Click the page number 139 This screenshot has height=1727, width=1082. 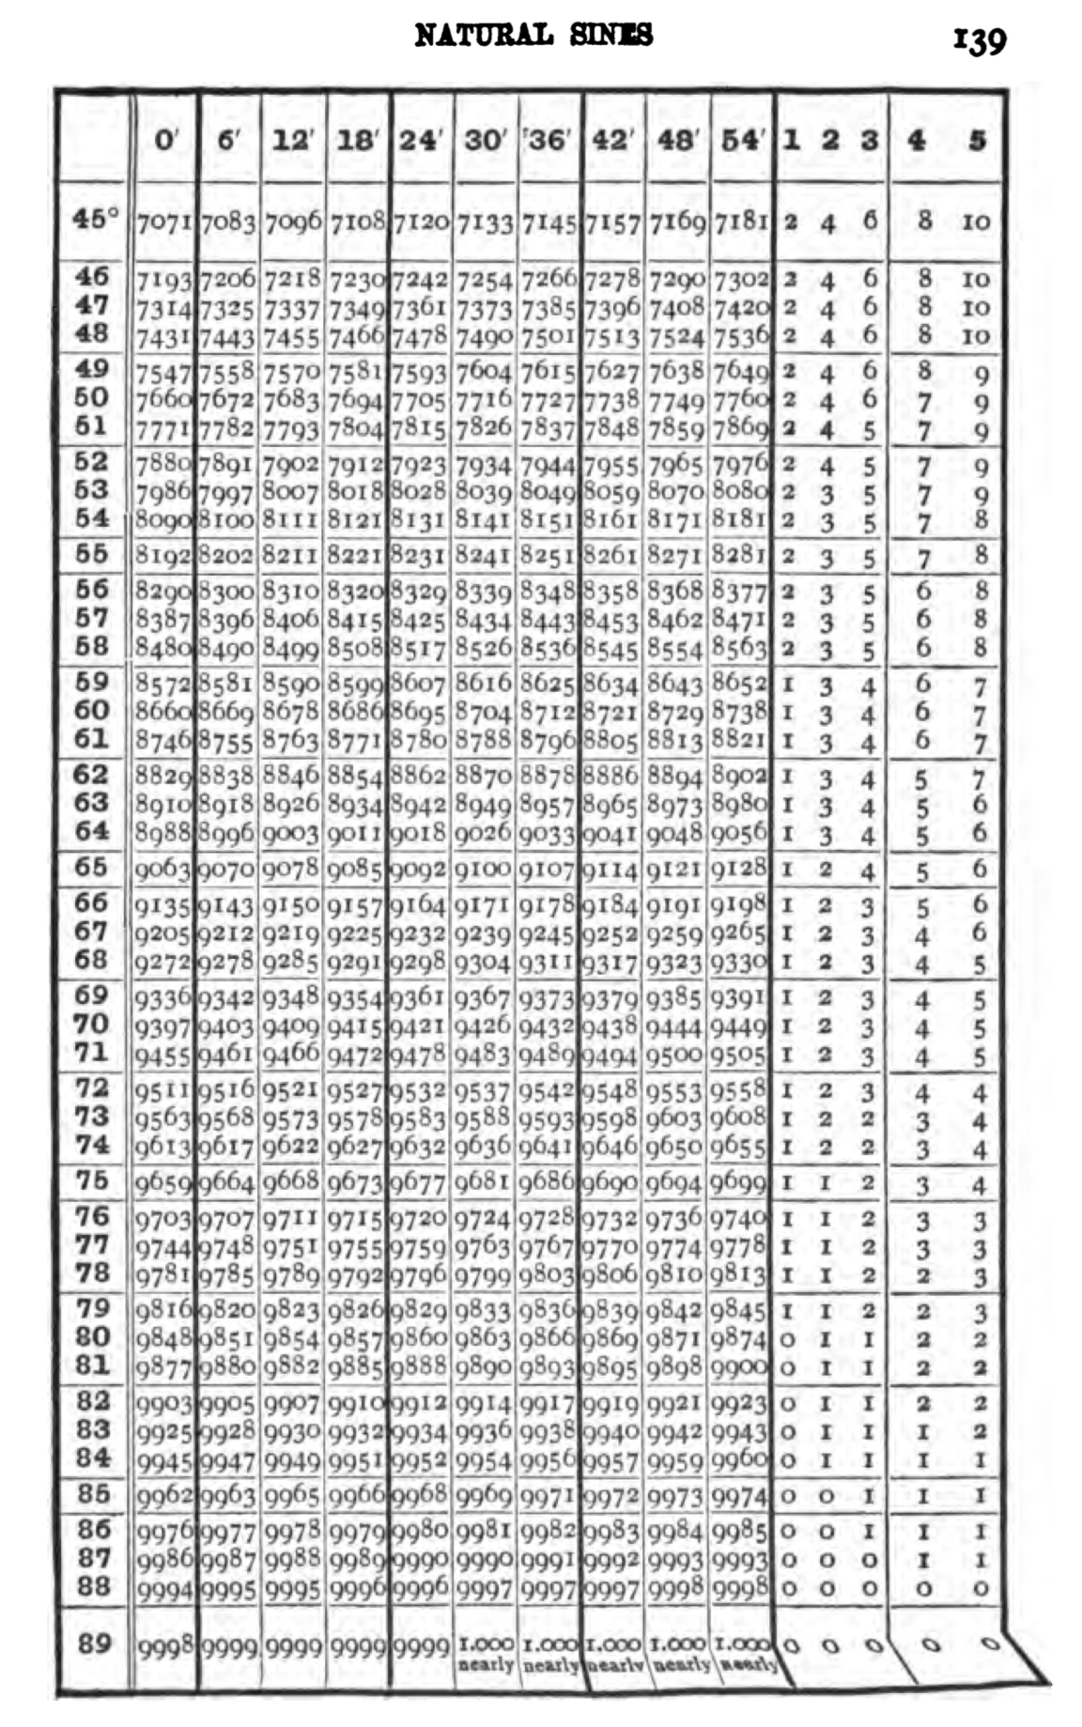coord(980,39)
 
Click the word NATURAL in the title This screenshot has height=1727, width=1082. coord(483,36)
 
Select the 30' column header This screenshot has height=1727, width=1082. coord(485,140)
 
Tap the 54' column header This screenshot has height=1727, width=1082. coord(742,140)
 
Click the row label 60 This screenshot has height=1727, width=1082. coord(92,710)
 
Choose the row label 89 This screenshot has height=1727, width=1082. coord(94,1644)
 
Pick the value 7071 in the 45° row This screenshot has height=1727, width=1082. coord(165,224)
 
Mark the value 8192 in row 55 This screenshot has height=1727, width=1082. coord(165,556)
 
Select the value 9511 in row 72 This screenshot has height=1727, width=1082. coord(165,1093)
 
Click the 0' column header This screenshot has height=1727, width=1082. coord(165,140)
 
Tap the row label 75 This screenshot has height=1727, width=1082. coord(92,1180)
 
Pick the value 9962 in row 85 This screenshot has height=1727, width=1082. coord(165,1496)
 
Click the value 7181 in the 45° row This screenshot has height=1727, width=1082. coord(741,224)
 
